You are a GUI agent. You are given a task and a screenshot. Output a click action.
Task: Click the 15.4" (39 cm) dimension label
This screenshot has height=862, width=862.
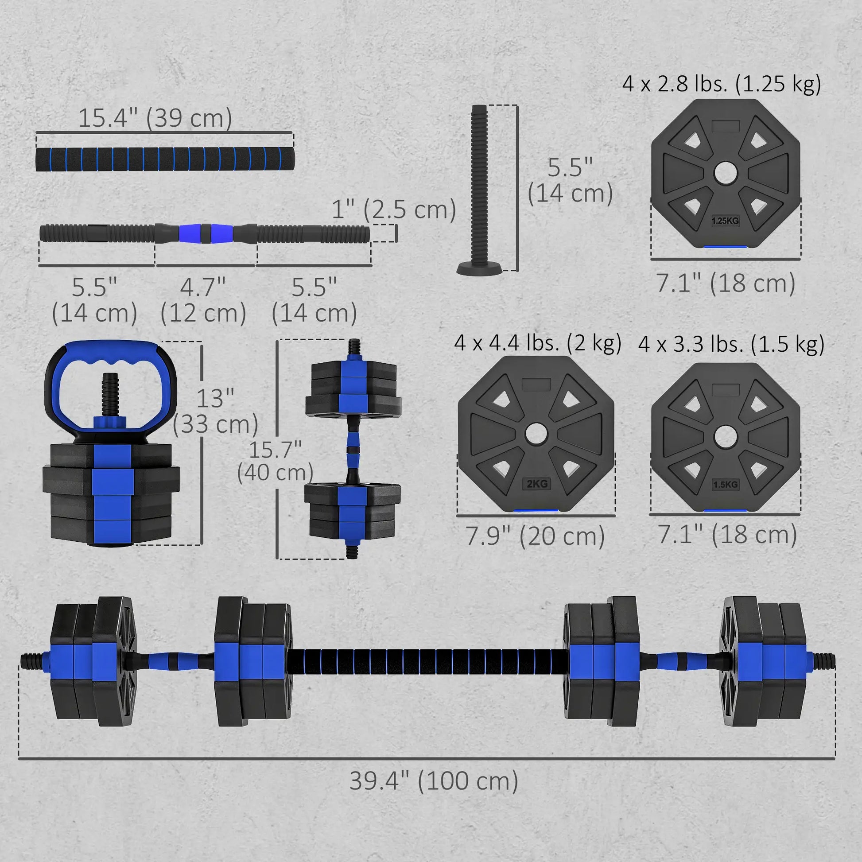tap(155, 118)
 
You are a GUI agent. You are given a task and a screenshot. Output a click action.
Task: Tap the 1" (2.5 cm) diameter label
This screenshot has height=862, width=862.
tap(393, 209)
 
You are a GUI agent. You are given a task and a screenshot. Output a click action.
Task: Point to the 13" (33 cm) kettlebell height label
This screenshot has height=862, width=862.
tap(215, 411)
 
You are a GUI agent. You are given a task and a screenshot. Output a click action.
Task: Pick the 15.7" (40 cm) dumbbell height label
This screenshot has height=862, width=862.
tap(275, 461)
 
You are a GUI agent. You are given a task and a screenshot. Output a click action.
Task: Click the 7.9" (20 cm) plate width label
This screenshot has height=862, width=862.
tap(535, 536)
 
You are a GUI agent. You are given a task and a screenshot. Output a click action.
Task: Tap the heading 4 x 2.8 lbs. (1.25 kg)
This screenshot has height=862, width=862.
tap(722, 83)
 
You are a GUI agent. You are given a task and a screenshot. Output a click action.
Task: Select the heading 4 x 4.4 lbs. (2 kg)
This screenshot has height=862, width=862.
tap(538, 343)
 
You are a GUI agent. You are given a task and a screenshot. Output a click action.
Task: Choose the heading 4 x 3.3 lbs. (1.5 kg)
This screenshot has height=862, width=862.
tap(731, 344)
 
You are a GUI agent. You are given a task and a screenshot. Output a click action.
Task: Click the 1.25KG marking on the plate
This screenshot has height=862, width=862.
tap(725, 221)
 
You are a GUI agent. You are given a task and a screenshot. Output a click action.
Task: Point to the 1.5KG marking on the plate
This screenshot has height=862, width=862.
tap(726, 485)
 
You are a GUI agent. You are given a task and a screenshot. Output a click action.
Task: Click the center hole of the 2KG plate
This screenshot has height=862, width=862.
tap(536, 433)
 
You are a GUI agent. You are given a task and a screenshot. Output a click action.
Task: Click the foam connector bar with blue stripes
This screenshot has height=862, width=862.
tap(165, 159)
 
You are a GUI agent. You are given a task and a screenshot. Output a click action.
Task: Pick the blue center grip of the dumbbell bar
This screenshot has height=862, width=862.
tap(205, 233)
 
